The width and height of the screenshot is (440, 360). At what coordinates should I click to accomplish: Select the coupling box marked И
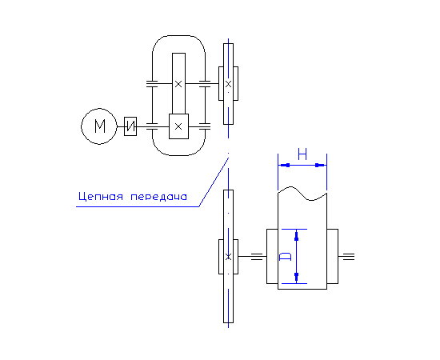pyautogui.click(x=130, y=126)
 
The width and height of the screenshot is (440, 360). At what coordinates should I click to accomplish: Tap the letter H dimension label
pyautogui.click(x=302, y=154)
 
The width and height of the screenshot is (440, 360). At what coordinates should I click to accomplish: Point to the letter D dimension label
pyautogui.click(x=286, y=257)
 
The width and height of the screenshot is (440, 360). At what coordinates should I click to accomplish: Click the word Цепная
pyautogui.click(x=101, y=196)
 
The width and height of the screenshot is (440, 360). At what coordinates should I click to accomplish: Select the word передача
pyautogui.click(x=159, y=197)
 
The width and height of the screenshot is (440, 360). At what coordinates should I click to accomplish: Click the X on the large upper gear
pyautogui.click(x=178, y=84)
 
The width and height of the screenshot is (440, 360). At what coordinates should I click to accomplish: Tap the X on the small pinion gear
pyautogui.click(x=178, y=126)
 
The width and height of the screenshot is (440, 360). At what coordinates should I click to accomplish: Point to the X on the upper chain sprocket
pyautogui.click(x=229, y=84)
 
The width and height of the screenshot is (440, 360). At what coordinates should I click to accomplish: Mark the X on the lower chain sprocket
pyautogui.click(x=229, y=257)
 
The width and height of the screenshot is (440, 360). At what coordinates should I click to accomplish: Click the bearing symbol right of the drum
pyautogui.click(x=349, y=257)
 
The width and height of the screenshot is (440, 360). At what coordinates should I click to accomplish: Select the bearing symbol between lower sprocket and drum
pyautogui.click(x=257, y=257)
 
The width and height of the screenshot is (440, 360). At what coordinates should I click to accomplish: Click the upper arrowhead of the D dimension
pyautogui.click(x=296, y=235)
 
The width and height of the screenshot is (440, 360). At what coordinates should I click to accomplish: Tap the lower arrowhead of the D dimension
pyautogui.click(x=296, y=278)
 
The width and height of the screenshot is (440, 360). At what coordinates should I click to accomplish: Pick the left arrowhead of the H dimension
pyautogui.click(x=284, y=165)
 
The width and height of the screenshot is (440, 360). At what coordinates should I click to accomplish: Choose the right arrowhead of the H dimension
pyautogui.click(x=321, y=165)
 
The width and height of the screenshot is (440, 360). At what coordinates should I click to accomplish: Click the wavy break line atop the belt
pyautogui.click(x=302, y=194)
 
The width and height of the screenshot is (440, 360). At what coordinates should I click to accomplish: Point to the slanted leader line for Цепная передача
pyautogui.click(x=214, y=182)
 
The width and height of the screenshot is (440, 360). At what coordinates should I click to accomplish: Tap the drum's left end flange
pyautogui.click(x=272, y=257)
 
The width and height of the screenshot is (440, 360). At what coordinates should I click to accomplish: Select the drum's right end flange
pyautogui.click(x=333, y=257)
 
